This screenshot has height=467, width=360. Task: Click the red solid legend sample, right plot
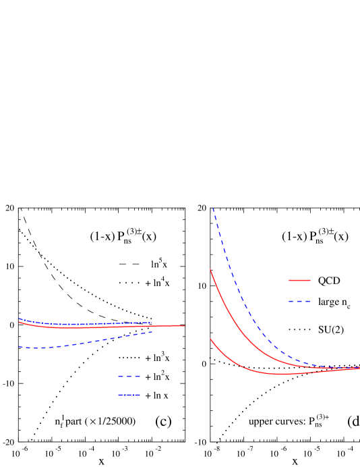pos(299,280)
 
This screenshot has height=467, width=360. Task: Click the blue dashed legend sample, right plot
pos(299,301)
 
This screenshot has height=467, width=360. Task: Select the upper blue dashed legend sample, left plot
pos(129,376)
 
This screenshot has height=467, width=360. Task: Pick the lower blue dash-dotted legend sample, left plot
pos(129,395)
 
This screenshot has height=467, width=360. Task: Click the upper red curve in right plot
pos(236,325)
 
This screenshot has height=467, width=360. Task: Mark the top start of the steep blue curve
pos(213,209)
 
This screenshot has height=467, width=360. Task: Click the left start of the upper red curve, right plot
pos(210,269)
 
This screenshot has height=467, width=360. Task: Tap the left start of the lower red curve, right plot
pos(210,339)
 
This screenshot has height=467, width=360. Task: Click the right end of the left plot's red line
pos(185,326)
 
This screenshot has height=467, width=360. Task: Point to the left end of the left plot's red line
pos(19,322)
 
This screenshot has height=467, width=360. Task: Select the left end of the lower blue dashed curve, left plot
pos(19,346)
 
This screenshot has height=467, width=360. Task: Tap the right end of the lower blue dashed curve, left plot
pos(152,331)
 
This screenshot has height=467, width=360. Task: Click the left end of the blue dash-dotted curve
pos(19,319)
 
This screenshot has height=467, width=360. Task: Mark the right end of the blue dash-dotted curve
pos(152,323)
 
